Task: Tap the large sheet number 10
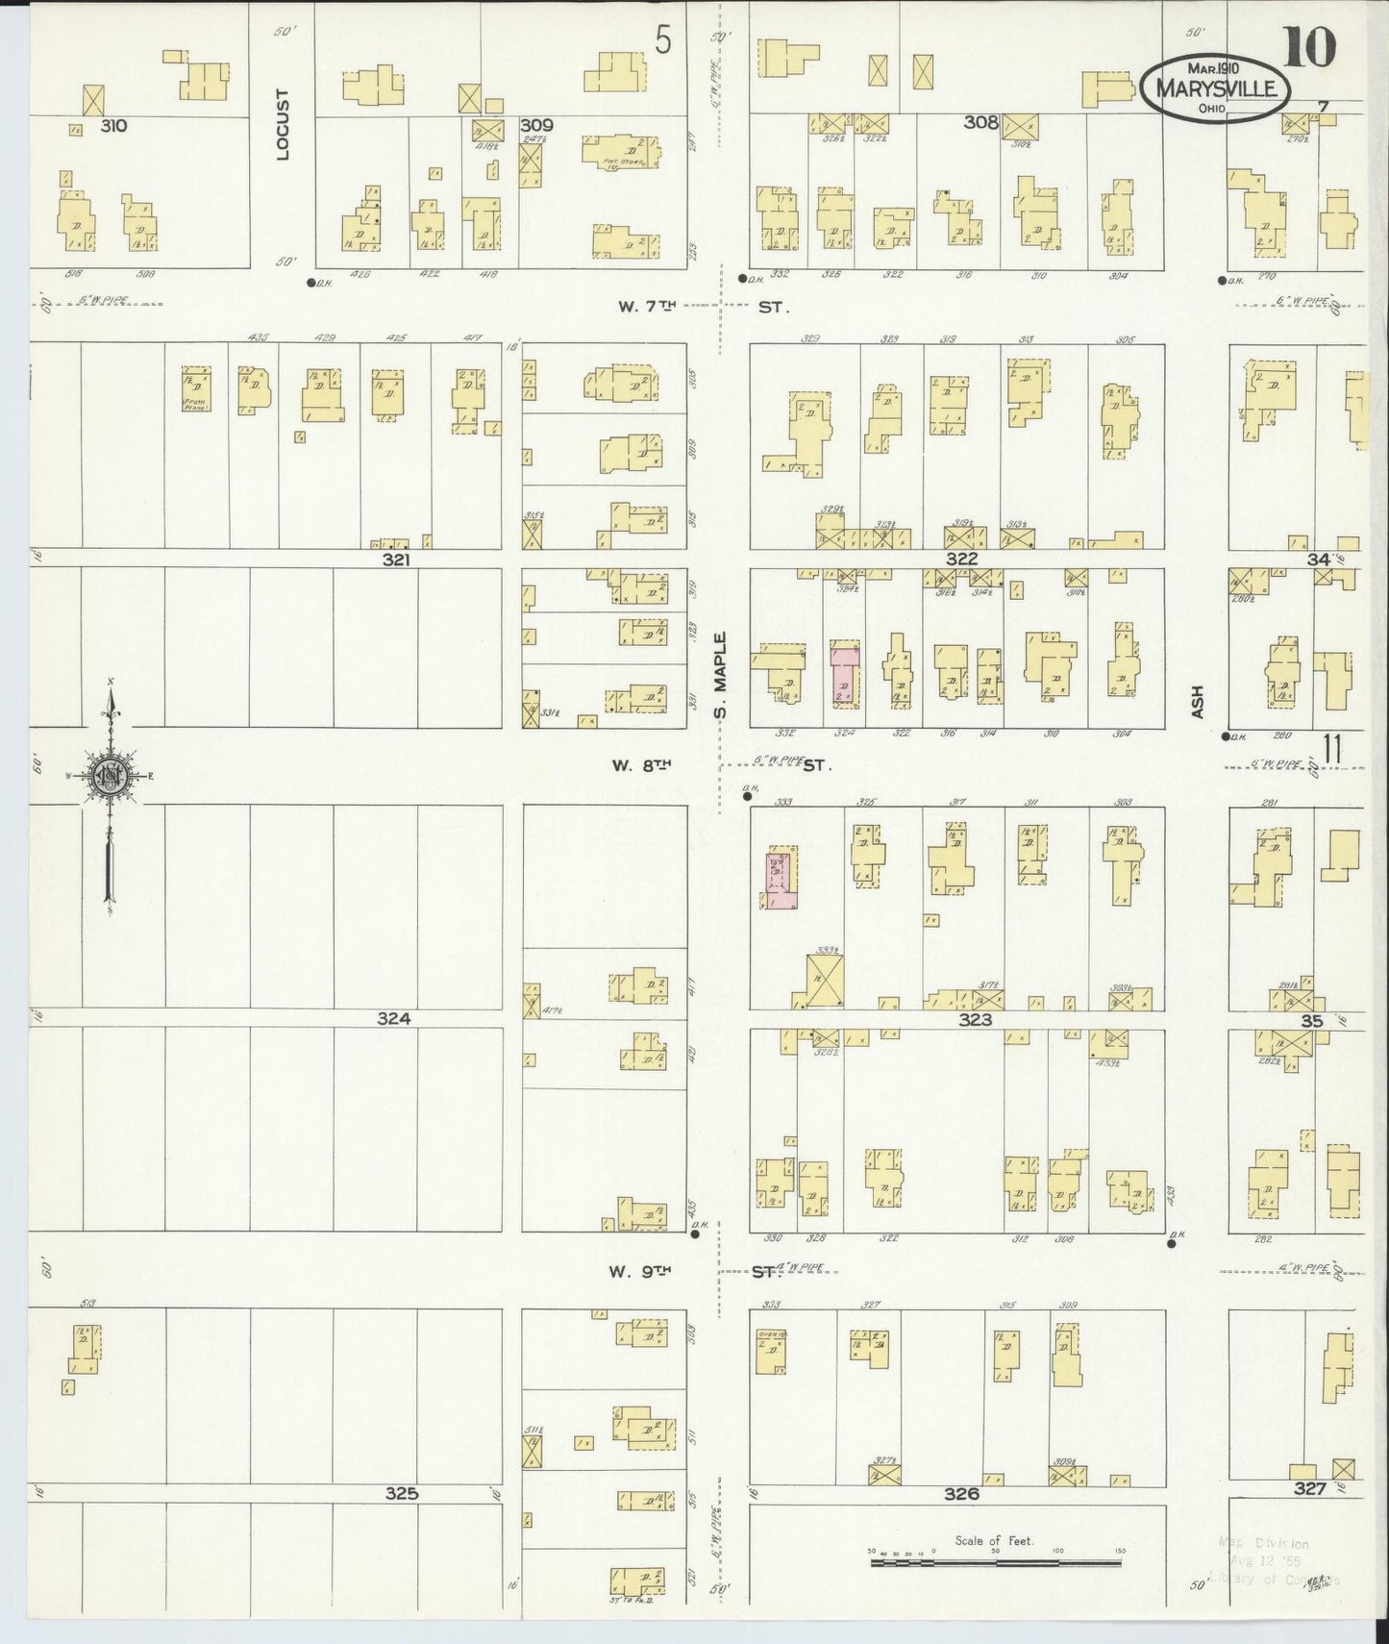tap(1308, 48)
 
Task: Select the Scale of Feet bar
tap(995, 1563)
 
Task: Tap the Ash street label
tap(1197, 701)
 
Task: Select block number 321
tap(396, 559)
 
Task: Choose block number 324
tap(394, 1018)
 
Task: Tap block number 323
tap(975, 1019)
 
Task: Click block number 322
tap(961, 559)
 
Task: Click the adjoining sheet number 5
tap(663, 40)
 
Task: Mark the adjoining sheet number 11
tap(1331, 749)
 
